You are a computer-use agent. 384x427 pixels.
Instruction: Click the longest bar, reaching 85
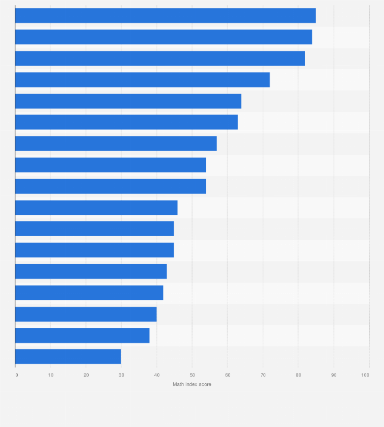coord(165,16)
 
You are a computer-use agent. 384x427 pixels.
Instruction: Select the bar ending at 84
coord(163,37)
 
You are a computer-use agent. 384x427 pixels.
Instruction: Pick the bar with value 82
coord(160,59)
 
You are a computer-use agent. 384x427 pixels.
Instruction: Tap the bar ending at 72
coord(142,80)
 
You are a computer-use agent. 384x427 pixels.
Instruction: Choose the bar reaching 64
coord(128,101)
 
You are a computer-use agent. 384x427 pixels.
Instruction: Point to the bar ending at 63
coord(126,122)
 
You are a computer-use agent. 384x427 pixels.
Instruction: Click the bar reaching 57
coord(116,144)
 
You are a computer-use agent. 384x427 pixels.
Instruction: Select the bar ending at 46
coord(96,208)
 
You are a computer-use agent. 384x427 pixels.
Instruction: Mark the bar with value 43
coord(91,272)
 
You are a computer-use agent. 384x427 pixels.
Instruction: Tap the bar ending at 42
coord(89,293)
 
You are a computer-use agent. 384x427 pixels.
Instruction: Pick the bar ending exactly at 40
coord(86,314)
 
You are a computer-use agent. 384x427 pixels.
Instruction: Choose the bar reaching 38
coord(82,335)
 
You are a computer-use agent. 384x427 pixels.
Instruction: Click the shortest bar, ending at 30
coord(68,356)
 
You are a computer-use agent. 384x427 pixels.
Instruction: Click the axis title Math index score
coord(191,384)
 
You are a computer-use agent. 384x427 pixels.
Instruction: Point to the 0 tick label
coord(16,375)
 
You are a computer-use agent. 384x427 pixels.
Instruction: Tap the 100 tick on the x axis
coord(365,375)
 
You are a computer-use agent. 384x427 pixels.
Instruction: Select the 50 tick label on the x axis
coord(192,375)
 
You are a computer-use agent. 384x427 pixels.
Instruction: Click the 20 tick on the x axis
coord(86,375)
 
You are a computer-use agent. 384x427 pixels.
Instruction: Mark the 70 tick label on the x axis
coord(263,375)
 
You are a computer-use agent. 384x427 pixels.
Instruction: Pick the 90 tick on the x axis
coord(334,375)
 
